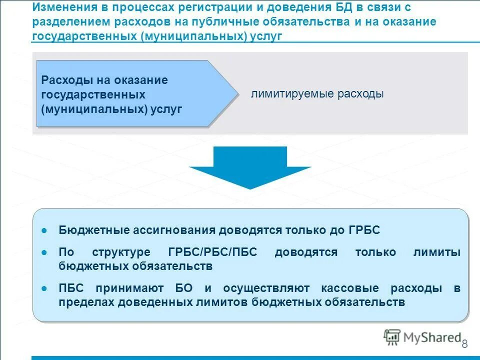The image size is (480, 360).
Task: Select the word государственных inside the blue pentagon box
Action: (93, 94)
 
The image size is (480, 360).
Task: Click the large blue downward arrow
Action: (250, 168)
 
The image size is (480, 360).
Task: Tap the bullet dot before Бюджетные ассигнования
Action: (44, 230)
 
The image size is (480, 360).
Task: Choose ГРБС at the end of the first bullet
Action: (363, 230)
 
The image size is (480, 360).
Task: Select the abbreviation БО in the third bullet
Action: (183, 289)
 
